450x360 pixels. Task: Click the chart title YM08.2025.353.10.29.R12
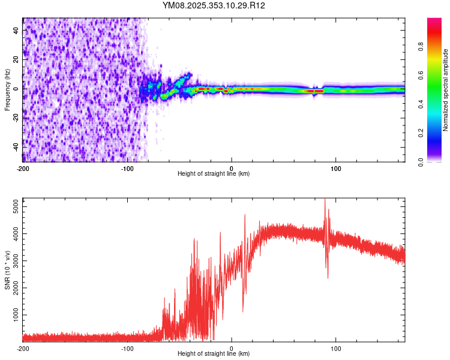point(214,5)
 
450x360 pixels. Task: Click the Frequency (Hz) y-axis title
point(7,89)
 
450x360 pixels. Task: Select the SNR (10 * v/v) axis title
point(7,270)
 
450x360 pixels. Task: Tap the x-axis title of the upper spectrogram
point(214,173)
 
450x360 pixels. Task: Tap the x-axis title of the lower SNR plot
point(214,353)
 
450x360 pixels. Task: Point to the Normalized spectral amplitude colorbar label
point(445,90)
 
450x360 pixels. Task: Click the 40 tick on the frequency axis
point(16,30)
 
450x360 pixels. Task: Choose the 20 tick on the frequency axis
point(16,59)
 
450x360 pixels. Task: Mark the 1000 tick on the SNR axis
point(13,314)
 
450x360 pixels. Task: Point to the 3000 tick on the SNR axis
point(13,261)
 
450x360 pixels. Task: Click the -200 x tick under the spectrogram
point(23,167)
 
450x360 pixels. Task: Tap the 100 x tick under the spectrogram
point(336,167)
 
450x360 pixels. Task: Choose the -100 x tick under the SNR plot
point(127,348)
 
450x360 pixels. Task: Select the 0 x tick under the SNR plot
point(232,348)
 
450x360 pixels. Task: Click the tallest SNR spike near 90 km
point(325,200)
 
